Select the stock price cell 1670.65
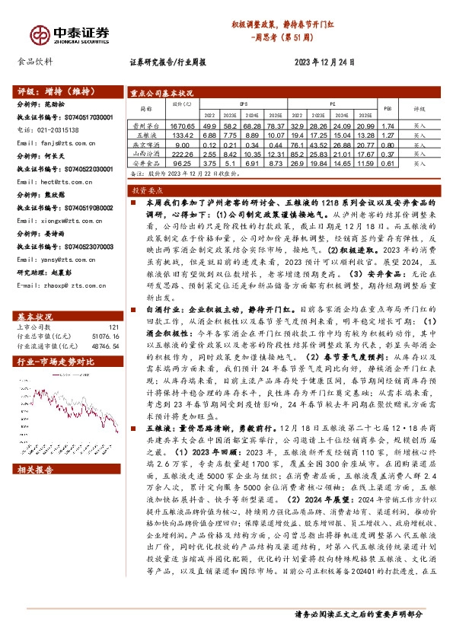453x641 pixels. point(183,125)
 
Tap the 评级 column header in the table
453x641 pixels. point(420,109)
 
